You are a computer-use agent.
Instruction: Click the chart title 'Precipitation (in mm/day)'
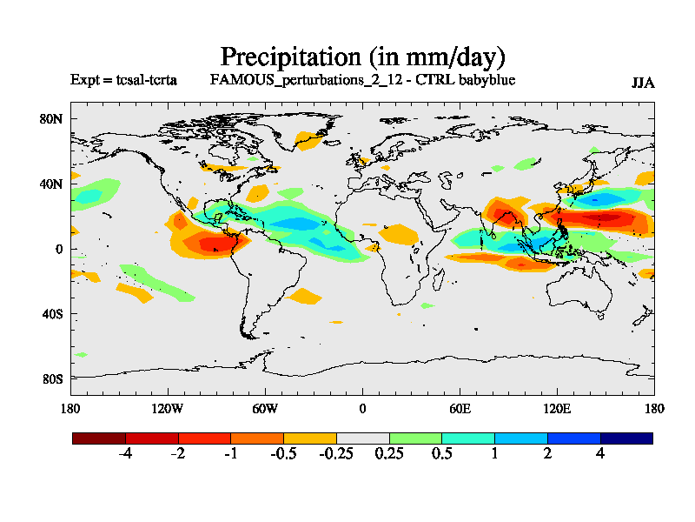[362, 57]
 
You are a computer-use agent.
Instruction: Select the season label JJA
[643, 83]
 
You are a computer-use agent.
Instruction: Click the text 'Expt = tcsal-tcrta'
[123, 80]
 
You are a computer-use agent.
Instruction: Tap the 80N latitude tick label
[52, 118]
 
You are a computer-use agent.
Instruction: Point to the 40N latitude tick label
[52, 184]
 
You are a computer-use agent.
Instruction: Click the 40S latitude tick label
[53, 313]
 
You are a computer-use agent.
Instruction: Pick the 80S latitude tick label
[53, 378]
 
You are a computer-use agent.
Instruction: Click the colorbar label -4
[125, 455]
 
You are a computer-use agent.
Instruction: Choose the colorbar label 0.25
[389, 455]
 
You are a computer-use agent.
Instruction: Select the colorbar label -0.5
[283, 455]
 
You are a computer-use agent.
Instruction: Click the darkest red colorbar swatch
[99, 438]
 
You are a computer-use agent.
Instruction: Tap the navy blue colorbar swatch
[626, 438]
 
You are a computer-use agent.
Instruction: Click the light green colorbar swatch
[415, 438]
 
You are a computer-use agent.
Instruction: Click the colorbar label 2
[547, 455]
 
